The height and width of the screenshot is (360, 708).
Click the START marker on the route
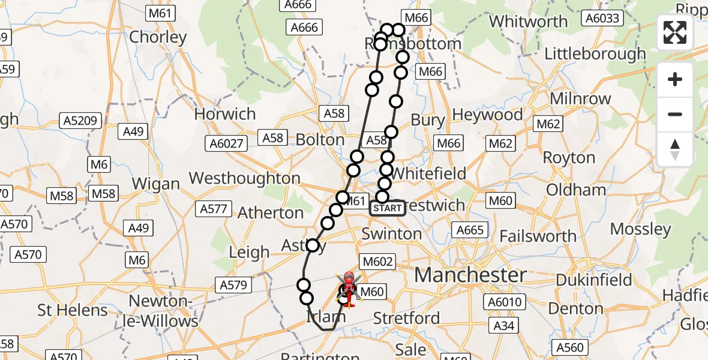point(388,208)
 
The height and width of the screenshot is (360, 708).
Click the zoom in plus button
point(675,79)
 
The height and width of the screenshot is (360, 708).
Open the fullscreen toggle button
point(675,32)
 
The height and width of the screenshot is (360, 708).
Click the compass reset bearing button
point(675,149)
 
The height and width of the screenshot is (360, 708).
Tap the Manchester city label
point(471,275)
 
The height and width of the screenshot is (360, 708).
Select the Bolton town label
point(320,139)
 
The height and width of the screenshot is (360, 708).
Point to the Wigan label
point(156,184)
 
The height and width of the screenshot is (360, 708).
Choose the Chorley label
point(158,37)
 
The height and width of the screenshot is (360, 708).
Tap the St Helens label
point(73,310)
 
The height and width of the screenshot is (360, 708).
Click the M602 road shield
point(377,262)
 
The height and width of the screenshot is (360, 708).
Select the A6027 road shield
point(227,143)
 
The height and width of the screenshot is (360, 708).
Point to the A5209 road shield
point(80,121)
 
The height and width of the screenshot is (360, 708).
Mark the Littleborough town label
point(595,54)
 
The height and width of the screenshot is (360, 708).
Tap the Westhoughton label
point(245,178)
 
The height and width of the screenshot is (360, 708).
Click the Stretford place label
point(407,318)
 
